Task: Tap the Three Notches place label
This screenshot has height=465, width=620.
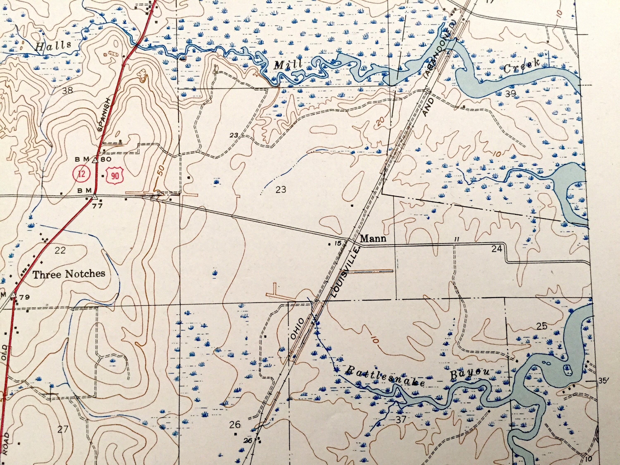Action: (x=69, y=274)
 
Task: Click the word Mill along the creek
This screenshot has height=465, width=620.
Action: (x=288, y=65)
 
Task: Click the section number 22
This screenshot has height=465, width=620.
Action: (x=60, y=250)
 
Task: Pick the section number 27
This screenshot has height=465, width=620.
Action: (x=62, y=429)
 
